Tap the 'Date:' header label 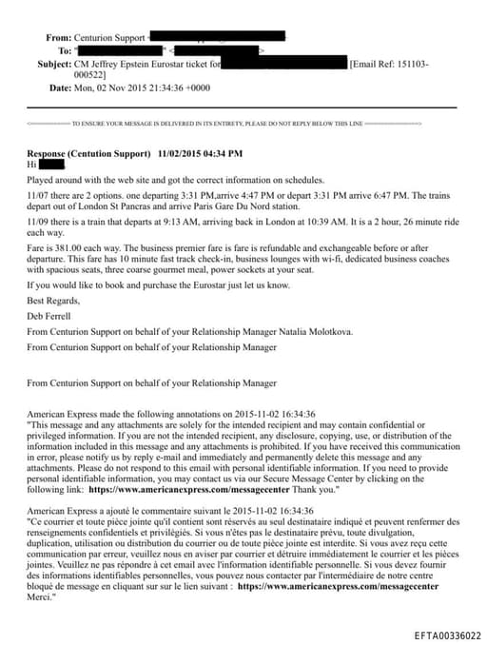coord(60,88)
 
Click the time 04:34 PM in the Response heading coord(221,153)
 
